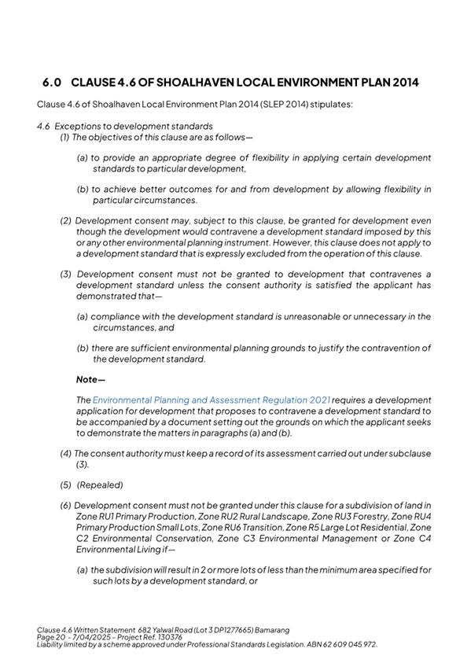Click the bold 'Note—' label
[x=90, y=378]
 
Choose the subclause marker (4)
[x=66, y=453]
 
